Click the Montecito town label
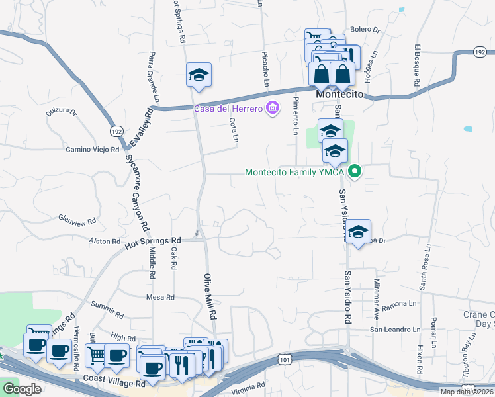pyautogui.click(x=341, y=95)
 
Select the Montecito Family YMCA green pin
pyautogui.click(x=355, y=172)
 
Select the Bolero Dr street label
pyautogui.click(x=365, y=30)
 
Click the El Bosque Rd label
pyautogui.click(x=418, y=66)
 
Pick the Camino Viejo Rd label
pyautogui.click(x=92, y=150)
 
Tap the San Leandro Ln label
pyautogui.click(x=394, y=330)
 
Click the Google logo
pyautogui.click(x=22, y=389)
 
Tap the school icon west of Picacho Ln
pyautogui.click(x=198, y=77)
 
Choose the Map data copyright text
pyautogui.click(x=467, y=392)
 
